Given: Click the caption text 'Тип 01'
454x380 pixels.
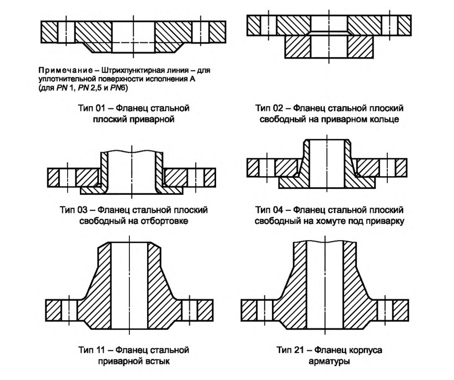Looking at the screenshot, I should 90,107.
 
